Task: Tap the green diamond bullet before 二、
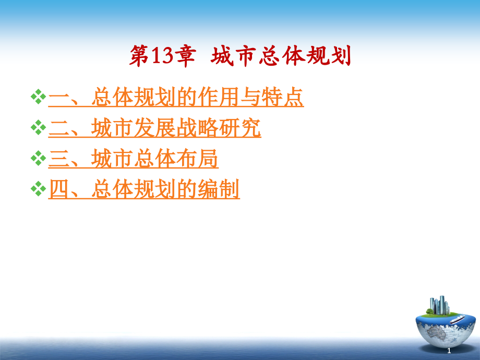click(39, 128)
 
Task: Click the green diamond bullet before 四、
click(39, 189)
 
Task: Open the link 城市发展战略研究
click(176, 128)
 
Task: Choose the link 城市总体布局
click(154, 159)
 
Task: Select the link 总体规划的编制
click(165, 190)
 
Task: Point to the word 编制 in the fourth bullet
click(218, 190)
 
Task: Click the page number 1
click(448, 351)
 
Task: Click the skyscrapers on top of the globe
click(438, 305)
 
